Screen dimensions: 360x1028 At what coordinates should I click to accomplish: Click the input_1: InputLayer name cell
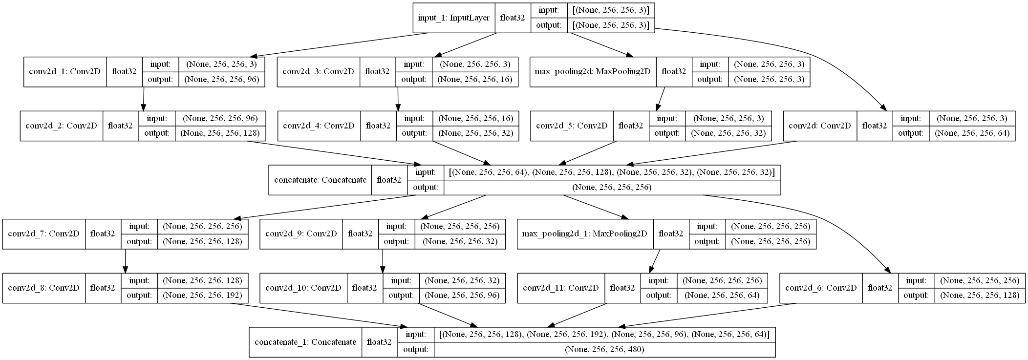click(x=454, y=18)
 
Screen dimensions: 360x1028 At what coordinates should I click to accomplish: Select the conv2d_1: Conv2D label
click(x=65, y=72)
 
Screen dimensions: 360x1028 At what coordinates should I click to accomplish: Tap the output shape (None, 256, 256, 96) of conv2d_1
click(x=221, y=80)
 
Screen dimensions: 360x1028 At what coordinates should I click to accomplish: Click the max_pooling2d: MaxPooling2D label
click(x=593, y=72)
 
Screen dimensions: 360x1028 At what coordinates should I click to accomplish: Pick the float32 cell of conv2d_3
click(x=377, y=72)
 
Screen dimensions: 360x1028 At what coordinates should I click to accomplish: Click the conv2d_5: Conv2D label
click(x=571, y=126)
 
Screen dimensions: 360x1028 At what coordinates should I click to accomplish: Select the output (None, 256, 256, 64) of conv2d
click(x=972, y=133)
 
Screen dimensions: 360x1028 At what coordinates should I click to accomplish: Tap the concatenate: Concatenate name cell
click(x=320, y=180)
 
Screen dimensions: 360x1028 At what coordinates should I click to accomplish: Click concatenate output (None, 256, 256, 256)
click(x=612, y=188)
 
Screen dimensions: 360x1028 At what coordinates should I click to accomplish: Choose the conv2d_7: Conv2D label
click(x=44, y=233)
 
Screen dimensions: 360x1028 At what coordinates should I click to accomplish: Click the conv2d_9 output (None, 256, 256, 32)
click(x=460, y=241)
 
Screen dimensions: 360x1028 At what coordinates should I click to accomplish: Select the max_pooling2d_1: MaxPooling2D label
click(x=584, y=233)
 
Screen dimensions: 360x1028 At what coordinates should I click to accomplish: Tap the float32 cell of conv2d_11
click(x=622, y=288)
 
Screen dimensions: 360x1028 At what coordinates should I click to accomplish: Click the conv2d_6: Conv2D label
click(x=821, y=288)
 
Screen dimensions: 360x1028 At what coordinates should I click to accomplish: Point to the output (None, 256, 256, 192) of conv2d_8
click(x=202, y=296)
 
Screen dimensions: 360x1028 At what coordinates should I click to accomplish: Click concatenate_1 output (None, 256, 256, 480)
click(x=604, y=350)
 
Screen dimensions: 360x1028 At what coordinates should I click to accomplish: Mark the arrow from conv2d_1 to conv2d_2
click(x=144, y=99)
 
